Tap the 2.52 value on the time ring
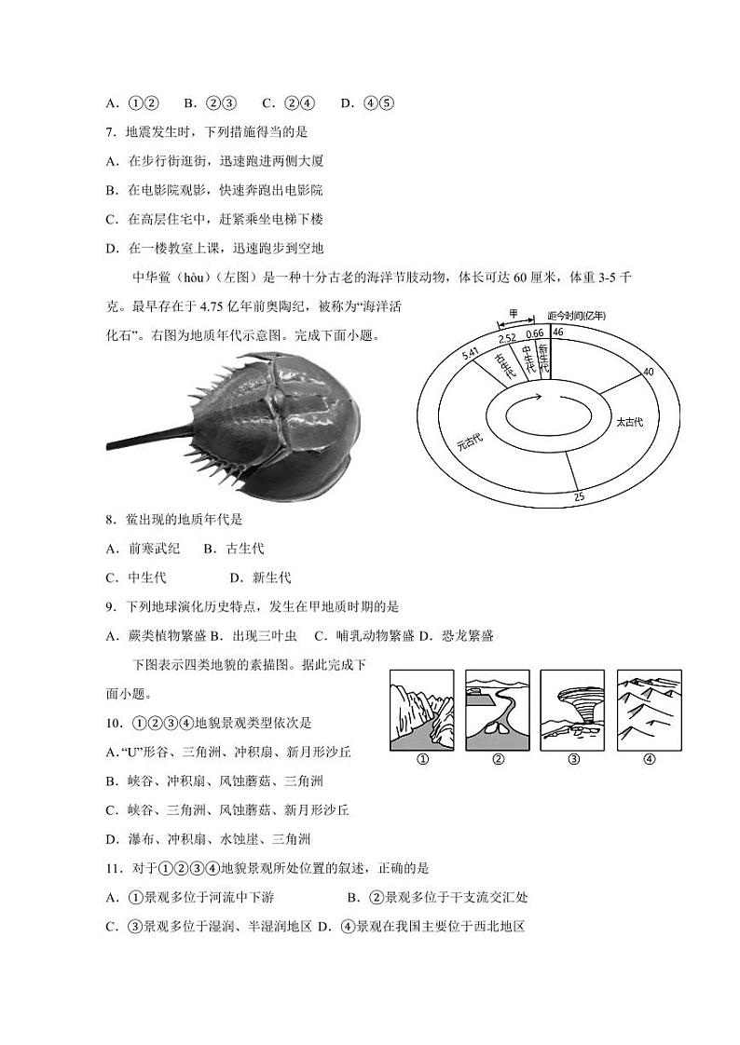[x=507, y=338]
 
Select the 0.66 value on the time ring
[x=535, y=333]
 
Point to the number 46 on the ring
[x=558, y=332]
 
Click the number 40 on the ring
[x=649, y=372]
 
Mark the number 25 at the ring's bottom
[x=579, y=497]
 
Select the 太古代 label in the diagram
[x=630, y=422]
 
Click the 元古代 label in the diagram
[x=459, y=441]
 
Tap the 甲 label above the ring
[x=513, y=314]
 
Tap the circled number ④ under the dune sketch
[x=649, y=759]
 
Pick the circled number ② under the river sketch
[x=498, y=759]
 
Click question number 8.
[x=110, y=520]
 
